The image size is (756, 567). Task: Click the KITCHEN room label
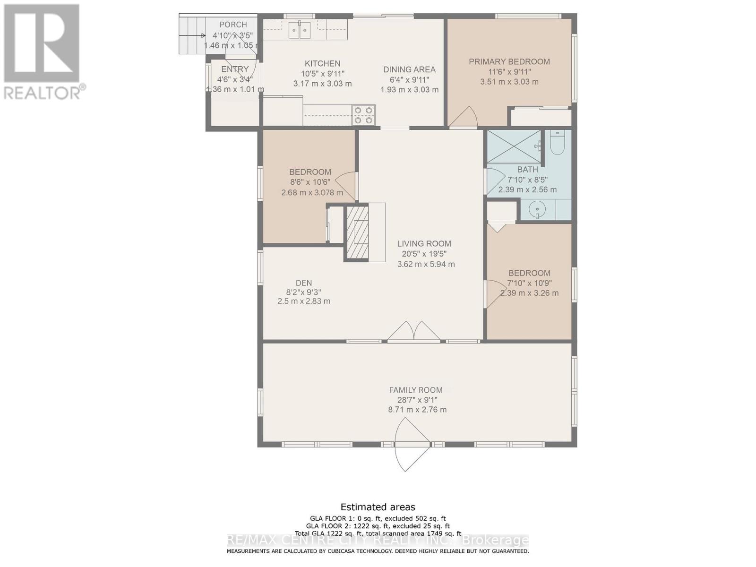(322, 63)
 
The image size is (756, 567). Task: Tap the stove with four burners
(363, 115)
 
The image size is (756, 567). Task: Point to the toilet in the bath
(558, 144)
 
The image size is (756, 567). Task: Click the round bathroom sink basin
(537, 209)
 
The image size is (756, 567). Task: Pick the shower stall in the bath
(514, 146)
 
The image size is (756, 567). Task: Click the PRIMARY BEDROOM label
(509, 61)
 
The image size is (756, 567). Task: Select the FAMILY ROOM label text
(416, 390)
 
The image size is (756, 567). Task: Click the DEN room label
(304, 283)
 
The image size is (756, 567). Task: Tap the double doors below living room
(414, 332)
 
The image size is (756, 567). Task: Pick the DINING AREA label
(409, 69)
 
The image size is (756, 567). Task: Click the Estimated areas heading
(378, 507)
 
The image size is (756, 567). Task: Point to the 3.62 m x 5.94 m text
(426, 264)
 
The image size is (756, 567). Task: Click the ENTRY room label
(235, 69)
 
